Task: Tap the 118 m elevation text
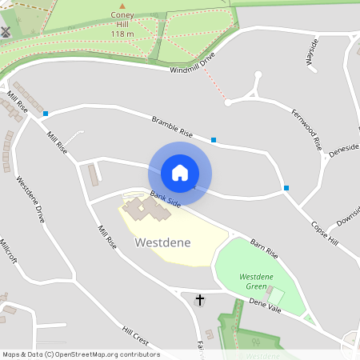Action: click(122, 34)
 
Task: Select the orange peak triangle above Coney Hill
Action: click(122, 6)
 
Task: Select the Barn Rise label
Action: click(263, 247)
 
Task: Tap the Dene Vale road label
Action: click(266, 305)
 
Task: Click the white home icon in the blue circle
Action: click(180, 173)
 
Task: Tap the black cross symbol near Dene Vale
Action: click(200, 300)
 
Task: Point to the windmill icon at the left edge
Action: click(6, 33)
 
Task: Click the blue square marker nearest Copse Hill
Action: click(286, 188)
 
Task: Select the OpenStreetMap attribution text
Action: click(81, 354)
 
